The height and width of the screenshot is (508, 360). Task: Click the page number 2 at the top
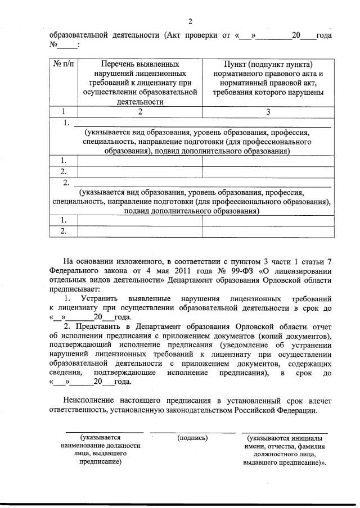(x=190, y=21)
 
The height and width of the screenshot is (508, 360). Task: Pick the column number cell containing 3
(x=268, y=112)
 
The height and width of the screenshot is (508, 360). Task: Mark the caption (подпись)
(x=192, y=437)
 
